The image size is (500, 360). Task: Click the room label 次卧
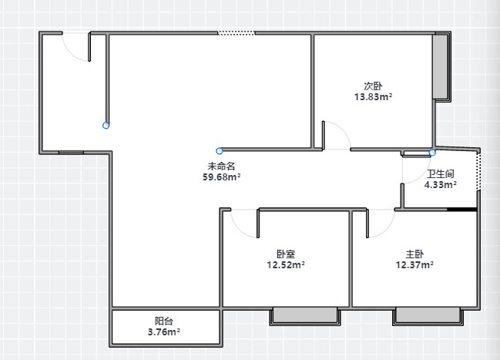pos(373,86)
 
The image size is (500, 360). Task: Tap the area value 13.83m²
pos(373,96)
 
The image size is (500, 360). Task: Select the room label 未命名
pos(221,167)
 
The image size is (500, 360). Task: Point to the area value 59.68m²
pos(221,177)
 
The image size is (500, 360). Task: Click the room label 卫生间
pos(441,174)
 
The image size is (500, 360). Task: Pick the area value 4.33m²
pos(441,184)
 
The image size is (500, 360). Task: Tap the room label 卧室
pos(286,254)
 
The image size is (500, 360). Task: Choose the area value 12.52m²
pos(286,264)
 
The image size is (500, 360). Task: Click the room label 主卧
pos(414,254)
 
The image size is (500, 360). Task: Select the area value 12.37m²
pos(414,264)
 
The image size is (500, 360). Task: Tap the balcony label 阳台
pos(164,321)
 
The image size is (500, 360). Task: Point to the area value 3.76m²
pos(164,332)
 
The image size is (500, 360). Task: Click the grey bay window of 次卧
pos(441,67)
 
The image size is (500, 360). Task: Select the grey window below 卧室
pos(306,315)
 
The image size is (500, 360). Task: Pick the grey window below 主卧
pos(428,315)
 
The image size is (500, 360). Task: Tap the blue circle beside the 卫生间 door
pos(432,153)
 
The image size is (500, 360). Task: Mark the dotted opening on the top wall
pos(237,33)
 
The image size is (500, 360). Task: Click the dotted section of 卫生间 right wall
pos(478,171)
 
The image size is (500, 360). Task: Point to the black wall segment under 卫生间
pos(461,210)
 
